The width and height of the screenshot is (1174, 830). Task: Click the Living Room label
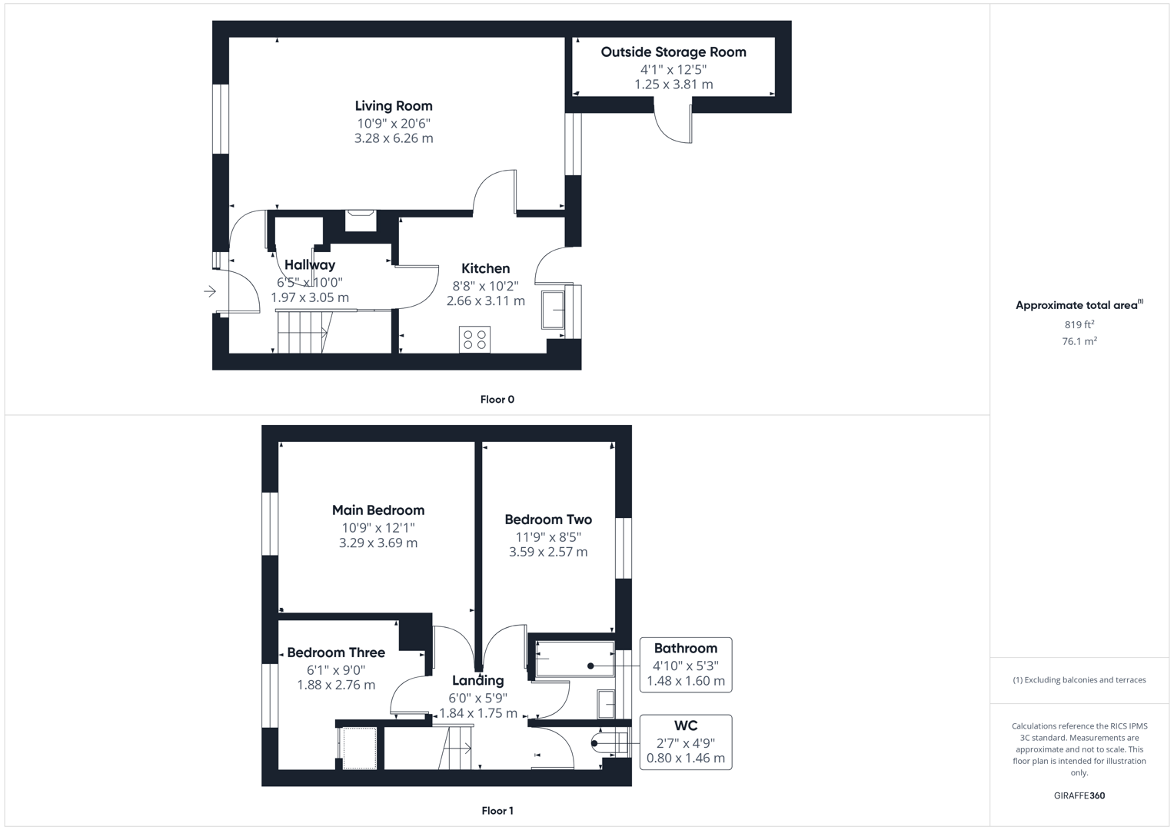pyautogui.click(x=394, y=106)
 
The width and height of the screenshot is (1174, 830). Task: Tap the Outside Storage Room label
pyautogui.click(x=673, y=52)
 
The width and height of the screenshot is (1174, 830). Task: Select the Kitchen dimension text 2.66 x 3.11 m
pyautogui.click(x=485, y=300)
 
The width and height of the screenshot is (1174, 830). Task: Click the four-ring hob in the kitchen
pyautogui.click(x=475, y=339)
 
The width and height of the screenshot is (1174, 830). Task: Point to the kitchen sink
pyautogui.click(x=553, y=310)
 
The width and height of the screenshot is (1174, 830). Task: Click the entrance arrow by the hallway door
pyautogui.click(x=210, y=291)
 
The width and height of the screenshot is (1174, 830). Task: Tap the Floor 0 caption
pyautogui.click(x=497, y=400)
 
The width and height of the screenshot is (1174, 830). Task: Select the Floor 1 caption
pyautogui.click(x=497, y=811)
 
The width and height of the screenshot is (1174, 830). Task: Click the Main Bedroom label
pyautogui.click(x=378, y=510)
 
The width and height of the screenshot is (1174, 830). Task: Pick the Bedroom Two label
pyautogui.click(x=548, y=520)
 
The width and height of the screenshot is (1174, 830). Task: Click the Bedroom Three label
pyautogui.click(x=336, y=652)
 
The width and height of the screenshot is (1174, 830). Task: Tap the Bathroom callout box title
pyautogui.click(x=686, y=648)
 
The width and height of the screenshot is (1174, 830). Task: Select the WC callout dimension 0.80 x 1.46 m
pyautogui.click(x=686, y=759)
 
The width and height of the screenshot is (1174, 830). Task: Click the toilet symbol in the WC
pyautogui.click(x=609, y=742)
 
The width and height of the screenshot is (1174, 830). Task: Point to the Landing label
pyautogui.click(x=478, y=681)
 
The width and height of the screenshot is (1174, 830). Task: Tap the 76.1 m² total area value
pyautogui.click(x=1079, y=341)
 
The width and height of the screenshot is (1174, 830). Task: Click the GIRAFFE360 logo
pyautogui.click(x=1079, y=795)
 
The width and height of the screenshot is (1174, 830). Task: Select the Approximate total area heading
pyautogui.click(x=1079, y=305)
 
